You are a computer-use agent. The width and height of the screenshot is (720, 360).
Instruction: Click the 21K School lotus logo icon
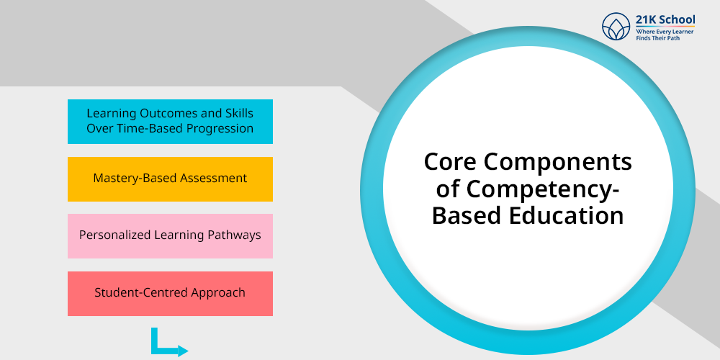tap(616, 26)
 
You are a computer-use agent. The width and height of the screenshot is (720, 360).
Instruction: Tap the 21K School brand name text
tap(665, 19)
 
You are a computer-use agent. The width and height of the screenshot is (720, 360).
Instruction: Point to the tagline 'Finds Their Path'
tap(657, 38)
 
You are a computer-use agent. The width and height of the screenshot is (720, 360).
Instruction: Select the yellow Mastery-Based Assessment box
tap(171, 179)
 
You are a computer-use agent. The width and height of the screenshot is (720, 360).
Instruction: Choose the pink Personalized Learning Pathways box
tap(171, 236)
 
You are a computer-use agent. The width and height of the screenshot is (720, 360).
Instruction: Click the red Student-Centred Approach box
tap(171, 294)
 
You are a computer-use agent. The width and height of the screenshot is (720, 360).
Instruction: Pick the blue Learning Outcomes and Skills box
tap(171, 122)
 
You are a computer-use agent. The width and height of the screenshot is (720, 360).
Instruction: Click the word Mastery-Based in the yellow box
tap(135, 179)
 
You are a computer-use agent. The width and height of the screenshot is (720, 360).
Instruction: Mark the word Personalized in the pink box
tap(114, 235)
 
